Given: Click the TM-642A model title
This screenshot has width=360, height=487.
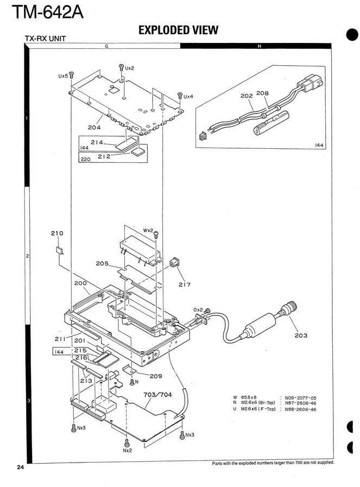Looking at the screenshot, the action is (x=48, y=12).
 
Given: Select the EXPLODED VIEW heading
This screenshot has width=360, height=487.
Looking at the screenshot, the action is (x=178, y=30).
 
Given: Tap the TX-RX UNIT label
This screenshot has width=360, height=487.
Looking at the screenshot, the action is (x=46, y=39).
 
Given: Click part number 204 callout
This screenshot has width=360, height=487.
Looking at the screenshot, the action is (x=94, y=127).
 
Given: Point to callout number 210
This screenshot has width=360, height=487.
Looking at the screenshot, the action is (x=57, y=233).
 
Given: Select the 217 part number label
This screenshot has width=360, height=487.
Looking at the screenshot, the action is (x=185, y=284).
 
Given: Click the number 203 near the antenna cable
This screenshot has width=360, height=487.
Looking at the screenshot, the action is (x=301, y=336).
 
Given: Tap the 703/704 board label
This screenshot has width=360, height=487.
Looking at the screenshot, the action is (x=157, y=395).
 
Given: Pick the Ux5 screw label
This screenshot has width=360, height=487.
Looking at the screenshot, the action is (x=63, y=76).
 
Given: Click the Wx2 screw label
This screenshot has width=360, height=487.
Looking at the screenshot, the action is (x=148, y=230).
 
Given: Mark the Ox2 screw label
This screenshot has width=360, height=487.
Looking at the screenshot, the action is (x=198, y=310).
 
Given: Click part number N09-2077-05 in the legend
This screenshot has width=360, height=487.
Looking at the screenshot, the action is (x=300, y=397).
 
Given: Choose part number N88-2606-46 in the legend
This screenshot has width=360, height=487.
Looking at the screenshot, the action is (x=300, y=409).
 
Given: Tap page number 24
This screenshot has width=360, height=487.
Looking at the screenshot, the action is (x=20, y=467).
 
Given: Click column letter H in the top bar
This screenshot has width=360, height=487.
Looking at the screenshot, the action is (x=260, y=46).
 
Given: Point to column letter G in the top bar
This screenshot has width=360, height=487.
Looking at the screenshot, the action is (x=106, y=46).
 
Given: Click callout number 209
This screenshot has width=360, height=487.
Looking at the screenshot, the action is (x=156, y=376).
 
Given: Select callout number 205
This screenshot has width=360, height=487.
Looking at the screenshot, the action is (x=102, y=264).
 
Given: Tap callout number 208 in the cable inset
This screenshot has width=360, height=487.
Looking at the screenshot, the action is (x=262, y=93).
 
